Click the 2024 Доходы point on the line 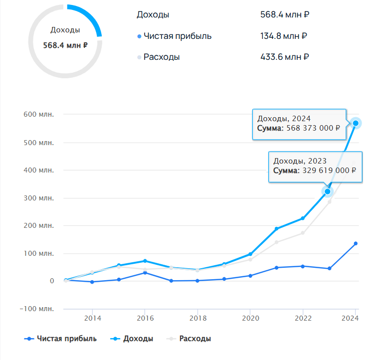(356, 123)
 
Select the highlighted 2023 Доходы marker (328, 191)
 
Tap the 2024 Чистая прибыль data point (356, 243)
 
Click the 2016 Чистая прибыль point (145, 273)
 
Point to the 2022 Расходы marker (303, 233)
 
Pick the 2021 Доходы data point (276, 229)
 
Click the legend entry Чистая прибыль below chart (60, 339)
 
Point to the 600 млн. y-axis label (38, 115)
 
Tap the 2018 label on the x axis (197, 318)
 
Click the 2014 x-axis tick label (92, 318)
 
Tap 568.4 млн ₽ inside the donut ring (65, 45)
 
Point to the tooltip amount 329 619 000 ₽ (328, 170)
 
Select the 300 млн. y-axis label (38, 198)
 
